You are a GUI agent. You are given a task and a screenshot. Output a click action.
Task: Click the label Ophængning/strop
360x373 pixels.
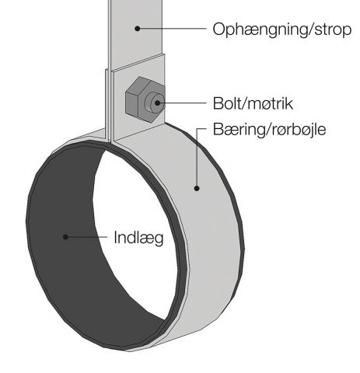282,30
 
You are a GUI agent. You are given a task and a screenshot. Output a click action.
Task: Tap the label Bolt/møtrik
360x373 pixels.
253,103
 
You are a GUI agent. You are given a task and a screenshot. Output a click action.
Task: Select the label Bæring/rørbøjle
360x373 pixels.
269,130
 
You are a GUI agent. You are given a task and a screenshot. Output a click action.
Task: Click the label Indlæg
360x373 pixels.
138,238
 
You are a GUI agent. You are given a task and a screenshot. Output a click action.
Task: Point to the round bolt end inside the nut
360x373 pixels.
155,103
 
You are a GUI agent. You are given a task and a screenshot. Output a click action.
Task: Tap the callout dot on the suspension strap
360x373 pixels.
138,29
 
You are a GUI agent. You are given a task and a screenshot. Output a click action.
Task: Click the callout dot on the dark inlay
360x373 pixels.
65,237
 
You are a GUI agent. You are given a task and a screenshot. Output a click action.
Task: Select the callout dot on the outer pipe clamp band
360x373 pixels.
197,188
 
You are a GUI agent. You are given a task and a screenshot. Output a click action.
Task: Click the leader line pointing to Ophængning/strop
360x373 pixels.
172,29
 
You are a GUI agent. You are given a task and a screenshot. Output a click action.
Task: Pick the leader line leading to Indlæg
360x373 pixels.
86,237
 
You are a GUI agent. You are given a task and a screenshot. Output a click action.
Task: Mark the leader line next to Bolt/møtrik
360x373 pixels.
182,103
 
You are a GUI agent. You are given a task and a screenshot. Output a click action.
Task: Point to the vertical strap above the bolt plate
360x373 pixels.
136,33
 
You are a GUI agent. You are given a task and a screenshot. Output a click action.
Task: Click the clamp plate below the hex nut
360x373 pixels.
138,131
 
